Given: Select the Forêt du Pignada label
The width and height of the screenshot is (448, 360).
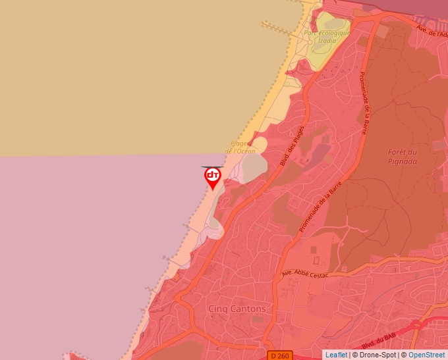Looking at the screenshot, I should click(403, 156).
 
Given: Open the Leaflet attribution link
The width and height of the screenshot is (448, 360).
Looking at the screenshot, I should click(336, 355).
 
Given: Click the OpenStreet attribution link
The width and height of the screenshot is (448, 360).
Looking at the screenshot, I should click(426, 355).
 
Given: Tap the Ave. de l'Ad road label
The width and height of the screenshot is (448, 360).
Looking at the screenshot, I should click(432, 30).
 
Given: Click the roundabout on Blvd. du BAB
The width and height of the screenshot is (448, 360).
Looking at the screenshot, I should click(416, 325).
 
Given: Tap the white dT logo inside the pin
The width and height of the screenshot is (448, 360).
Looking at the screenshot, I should click(213, 175).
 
